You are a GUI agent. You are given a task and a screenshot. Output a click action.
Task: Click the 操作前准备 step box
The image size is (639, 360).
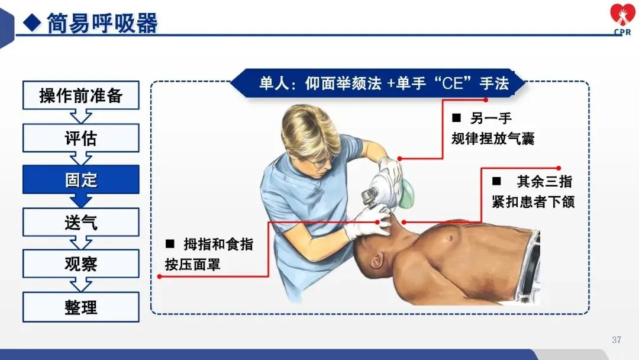point(80,95)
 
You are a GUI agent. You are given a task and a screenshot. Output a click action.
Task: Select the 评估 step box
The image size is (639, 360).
point(80,138)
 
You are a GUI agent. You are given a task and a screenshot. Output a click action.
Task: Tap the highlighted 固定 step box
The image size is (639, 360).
point(80,179)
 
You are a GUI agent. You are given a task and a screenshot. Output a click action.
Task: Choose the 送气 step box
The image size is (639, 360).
point(80,222)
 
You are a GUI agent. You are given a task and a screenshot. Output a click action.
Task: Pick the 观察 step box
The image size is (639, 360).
point(80,263)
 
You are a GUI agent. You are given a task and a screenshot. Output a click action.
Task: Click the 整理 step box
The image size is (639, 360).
point(80,307)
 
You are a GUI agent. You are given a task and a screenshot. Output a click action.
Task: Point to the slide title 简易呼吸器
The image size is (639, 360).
point(102,23)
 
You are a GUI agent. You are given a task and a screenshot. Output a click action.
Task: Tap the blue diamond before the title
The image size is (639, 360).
point(32,23)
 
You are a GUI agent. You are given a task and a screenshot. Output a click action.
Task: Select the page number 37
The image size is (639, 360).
point(617,340)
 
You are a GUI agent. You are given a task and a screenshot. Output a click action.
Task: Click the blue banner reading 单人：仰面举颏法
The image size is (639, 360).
point(377,83)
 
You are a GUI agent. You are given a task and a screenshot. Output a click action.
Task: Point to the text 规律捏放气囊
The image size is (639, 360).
point(493,139)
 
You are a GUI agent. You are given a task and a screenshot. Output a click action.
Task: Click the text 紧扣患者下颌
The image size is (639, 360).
point(533,202)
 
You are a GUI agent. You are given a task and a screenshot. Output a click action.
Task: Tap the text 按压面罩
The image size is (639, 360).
point(192,265)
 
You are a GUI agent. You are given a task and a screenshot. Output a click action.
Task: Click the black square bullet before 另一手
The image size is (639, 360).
point(456,118)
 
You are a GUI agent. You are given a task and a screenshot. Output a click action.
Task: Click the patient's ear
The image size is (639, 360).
point(377,259)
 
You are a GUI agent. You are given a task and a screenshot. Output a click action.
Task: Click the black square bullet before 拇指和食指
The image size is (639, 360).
point(170,244)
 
